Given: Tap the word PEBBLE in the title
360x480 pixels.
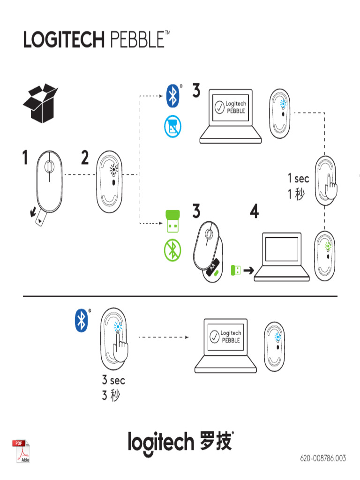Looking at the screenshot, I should tap(137, 39).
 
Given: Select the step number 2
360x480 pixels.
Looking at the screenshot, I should tap(85, 158).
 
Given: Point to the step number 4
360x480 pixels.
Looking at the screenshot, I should tap(254, 212).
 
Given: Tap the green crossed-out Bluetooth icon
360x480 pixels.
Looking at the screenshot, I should tap(172, 251).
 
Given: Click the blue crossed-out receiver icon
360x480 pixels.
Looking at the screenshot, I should tap(172, 127).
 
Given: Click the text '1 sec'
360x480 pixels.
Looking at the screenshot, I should tap(299, 179).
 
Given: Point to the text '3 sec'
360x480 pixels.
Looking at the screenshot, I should tap(113, 381).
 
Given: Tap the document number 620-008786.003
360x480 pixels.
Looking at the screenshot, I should tap(323, 458).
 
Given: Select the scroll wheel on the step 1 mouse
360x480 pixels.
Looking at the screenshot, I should tap(49, 166).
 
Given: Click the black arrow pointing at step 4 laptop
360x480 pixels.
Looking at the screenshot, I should tap(248, 270).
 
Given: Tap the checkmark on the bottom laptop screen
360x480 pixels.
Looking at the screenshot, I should tap(214, 337).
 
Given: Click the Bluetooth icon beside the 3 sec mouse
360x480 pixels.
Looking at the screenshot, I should tap(82, 321).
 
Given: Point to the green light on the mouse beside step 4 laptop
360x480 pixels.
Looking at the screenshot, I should tap(328, 238).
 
